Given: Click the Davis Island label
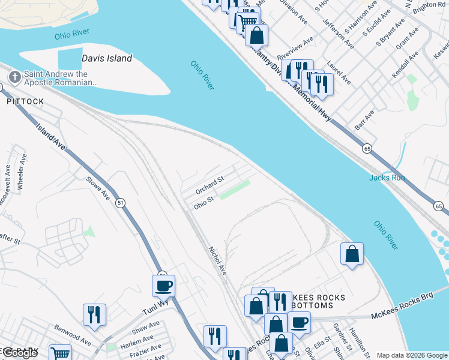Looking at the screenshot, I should (106, 59).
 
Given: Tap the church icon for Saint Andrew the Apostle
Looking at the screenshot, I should (14, 77).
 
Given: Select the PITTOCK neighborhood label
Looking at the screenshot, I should (25, 101).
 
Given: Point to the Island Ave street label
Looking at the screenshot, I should (50, 137).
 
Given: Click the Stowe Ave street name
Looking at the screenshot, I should (98, 188).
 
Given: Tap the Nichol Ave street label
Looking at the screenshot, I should (217, 260).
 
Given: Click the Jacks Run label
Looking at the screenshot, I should (387, 178).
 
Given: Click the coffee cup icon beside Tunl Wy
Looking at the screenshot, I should (163, 286).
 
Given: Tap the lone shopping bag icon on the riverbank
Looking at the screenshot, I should (352, 253).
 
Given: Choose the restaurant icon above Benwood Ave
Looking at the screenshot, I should (94, 314).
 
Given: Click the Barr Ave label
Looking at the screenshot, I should (364, 119).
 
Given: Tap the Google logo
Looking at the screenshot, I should (20, 353).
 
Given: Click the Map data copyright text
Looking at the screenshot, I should (411, 355).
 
